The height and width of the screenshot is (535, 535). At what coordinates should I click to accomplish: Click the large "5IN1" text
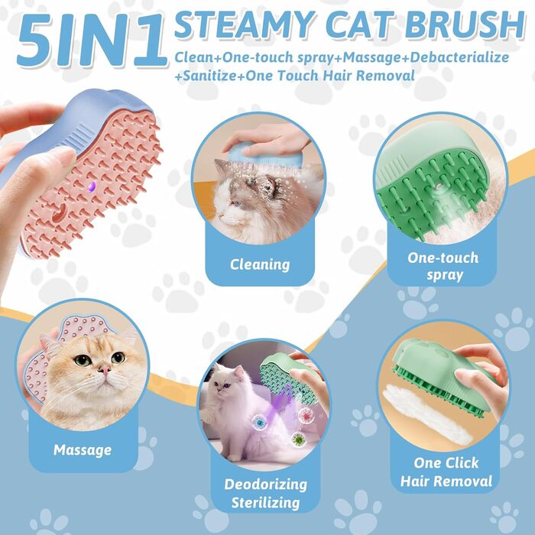point(92,41)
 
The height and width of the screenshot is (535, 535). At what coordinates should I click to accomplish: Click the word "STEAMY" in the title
point(245,24)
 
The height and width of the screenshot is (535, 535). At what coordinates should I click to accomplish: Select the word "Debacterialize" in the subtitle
point(459,57)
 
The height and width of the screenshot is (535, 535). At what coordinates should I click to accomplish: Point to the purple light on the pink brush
point(92,186)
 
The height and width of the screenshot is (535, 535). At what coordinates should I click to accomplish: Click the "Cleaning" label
point(260,264)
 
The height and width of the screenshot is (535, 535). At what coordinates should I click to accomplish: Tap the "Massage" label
point(83,449)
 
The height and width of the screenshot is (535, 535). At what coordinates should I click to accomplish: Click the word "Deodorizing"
point(265,484)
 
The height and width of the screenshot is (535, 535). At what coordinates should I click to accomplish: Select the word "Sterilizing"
point(265,503)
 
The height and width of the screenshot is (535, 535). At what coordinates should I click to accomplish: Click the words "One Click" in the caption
point(446,462)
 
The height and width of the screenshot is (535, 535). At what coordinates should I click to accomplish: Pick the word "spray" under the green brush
point(445,275)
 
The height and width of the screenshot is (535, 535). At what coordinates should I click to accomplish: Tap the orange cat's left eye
point(83,360)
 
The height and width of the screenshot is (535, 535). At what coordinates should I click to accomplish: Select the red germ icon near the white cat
point(306,415)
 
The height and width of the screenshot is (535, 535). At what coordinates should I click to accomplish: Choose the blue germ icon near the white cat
point(260,423)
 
